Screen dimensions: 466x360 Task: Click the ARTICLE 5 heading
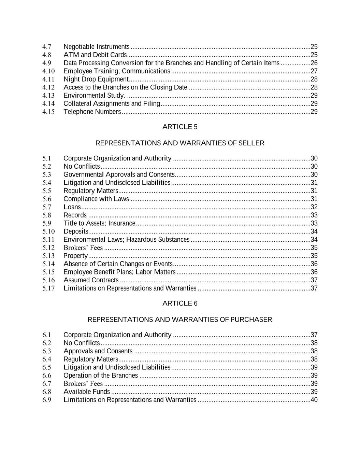click(x=180, y=127)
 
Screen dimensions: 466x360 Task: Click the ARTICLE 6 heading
click(x=180, y=303)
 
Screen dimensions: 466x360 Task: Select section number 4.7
click(x=47, y=47)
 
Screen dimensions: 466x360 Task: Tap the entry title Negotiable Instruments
click(x=97, y=47)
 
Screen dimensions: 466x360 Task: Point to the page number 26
click(x=314, y=63)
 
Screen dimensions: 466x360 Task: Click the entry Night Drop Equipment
click(x=96, y=79)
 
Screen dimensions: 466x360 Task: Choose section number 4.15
click(x=48, y=112)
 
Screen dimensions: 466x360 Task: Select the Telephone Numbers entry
click(x=92, y=112)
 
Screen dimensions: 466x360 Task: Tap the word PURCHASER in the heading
click(x=251, y=320)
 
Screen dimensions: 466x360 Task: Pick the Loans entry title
click(x=72, y=207)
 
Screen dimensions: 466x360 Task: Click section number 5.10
click(x=48, y=231)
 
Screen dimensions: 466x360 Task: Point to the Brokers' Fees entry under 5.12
click(x=83, y=248)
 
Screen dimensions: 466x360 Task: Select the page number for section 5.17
click(x=314, y=288)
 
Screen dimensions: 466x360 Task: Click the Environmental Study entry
click(x=94, y=96)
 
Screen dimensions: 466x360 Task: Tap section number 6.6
click(x=47, y=376)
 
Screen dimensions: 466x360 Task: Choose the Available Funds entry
click(x=87, y=392)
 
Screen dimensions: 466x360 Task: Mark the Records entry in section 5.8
click(x=75, y=215)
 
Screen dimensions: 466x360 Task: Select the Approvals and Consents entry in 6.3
click(x=98, y=351)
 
